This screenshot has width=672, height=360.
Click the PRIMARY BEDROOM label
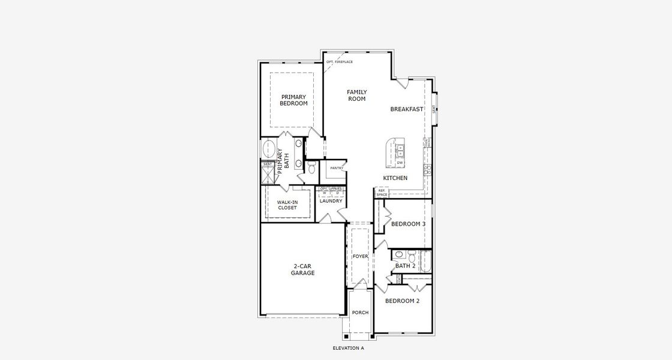(293, 100)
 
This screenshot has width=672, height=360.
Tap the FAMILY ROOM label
(356, 95)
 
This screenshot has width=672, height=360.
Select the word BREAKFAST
(407, 109)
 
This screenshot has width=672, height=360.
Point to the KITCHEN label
(395, 178)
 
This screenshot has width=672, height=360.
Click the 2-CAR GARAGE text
(304, 269)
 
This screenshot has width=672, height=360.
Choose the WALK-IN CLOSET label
(287, 205)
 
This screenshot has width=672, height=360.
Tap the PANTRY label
(337, 168)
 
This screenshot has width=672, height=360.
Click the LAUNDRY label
(331, 201)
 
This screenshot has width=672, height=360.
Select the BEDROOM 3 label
(408, 224)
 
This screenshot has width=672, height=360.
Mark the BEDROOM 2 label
(402, 301)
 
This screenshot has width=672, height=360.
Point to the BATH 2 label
(405, 266)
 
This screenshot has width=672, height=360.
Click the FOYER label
(360, 257)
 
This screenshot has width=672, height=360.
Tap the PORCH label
(360, 313)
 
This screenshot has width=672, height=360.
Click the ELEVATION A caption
(348, 348)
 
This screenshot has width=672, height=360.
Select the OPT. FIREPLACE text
(339, 62)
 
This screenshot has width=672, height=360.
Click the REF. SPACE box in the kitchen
(382, 193)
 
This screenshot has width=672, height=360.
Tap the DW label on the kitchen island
(400, 163)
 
